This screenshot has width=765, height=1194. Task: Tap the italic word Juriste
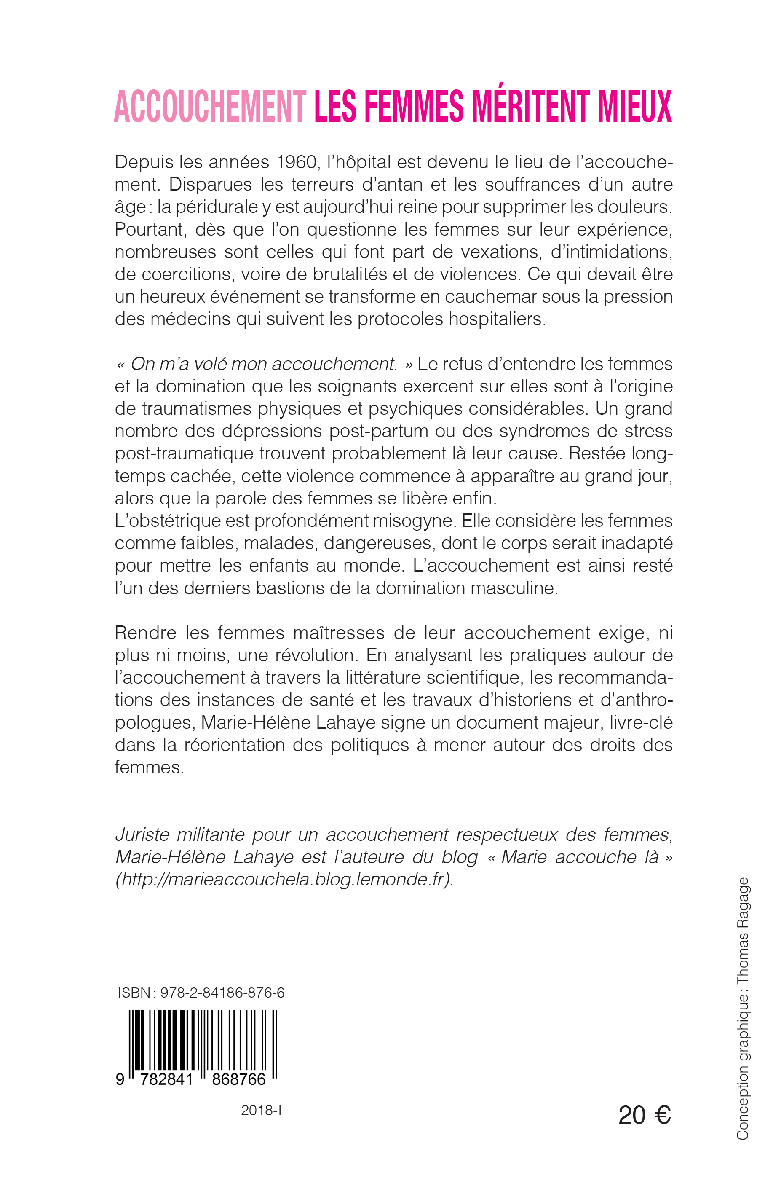pos(142,835)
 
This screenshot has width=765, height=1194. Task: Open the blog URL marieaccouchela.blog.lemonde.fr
pos(284,880)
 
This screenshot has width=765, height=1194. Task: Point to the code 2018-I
pos(261,1111)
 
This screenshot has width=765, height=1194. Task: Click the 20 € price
pos(644,1116)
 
